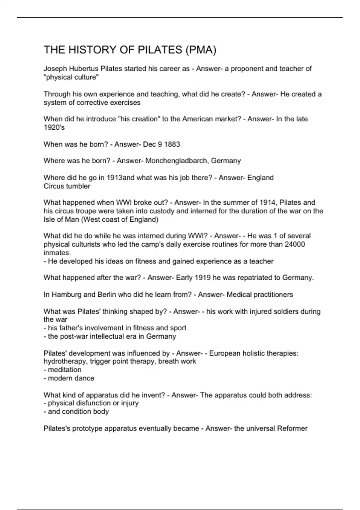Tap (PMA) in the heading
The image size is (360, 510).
[201, 50]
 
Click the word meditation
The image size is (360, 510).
[64, 370]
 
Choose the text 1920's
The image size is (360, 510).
[54, 127]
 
